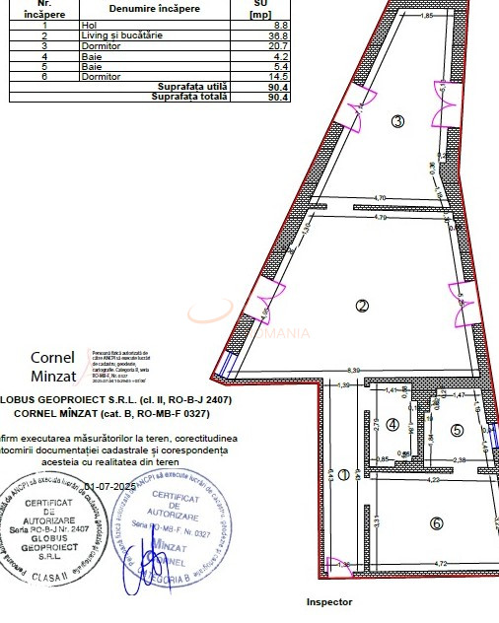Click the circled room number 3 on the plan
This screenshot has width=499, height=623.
tap(397, 122)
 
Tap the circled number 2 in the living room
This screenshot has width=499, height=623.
tap(362, 306)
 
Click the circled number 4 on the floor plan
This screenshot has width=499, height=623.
tap(392, 425)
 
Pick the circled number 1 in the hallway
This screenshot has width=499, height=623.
tap(343, 474)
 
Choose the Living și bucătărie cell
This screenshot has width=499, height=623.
tap(122, 35)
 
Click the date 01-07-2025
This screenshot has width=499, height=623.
tap(110, 487)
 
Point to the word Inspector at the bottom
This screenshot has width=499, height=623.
tap(328, 601)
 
